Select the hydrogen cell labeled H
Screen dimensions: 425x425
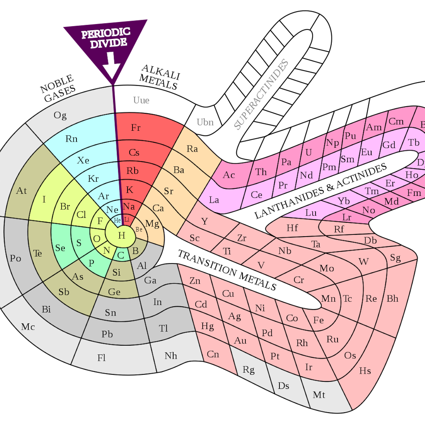tap(121, 236)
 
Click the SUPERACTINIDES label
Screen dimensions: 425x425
tap(261, 94)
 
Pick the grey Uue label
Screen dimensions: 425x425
tap(141, 100)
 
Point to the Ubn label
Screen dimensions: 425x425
tap(205, 122)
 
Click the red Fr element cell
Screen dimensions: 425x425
tap(136, 128)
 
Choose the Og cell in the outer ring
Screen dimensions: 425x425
tap(60, 115)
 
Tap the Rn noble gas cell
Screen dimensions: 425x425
tap(72, 139)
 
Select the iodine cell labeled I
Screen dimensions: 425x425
tap(44, 199)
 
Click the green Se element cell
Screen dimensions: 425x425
tap(60, 248)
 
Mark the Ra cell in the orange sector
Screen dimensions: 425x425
tap(192, 149)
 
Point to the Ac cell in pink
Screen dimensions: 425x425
tap(229, 175)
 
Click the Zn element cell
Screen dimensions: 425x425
tap(195, 281)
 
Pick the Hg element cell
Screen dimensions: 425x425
tap(208, 326)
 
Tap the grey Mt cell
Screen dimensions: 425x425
tap(319, 395)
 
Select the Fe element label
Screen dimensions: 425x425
tap(318, 321)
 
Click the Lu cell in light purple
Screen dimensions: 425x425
tap(311, 213)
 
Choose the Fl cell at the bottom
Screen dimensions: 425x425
tap(102, 358)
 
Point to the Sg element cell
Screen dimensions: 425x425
tap(395, 257)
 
